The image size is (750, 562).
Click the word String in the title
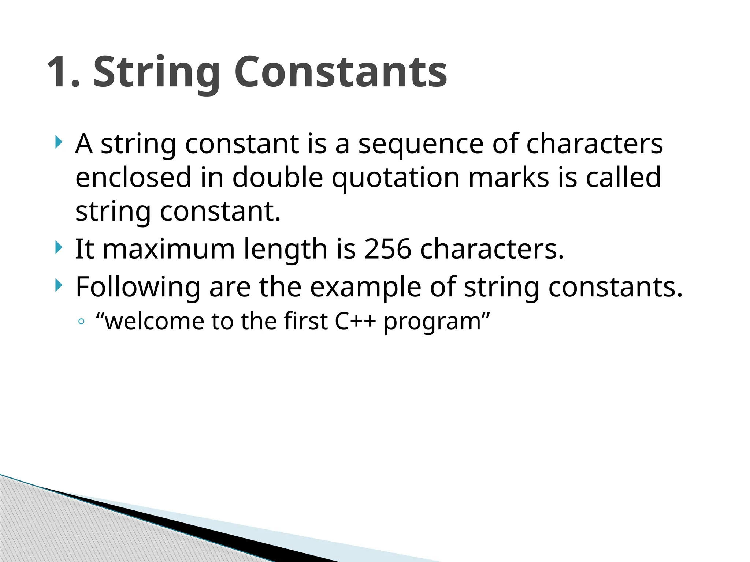tap(157, 72)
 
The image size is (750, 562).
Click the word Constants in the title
tap(341, 72)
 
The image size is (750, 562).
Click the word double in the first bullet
tap(278, 178)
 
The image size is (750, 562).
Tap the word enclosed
tap(133, 178)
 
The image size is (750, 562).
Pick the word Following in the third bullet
tap(138, 288)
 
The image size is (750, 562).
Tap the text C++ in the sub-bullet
tap(355, 321)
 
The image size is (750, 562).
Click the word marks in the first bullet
tap(509, 178)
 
